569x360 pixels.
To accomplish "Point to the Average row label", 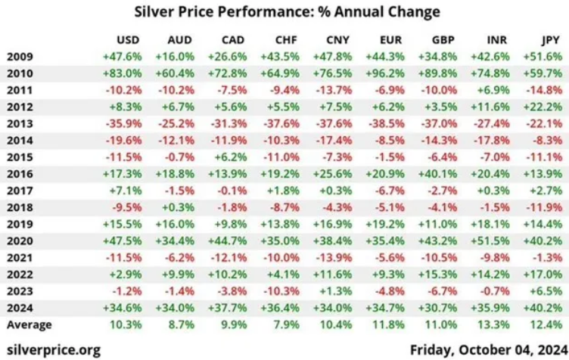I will pos(29,324).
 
